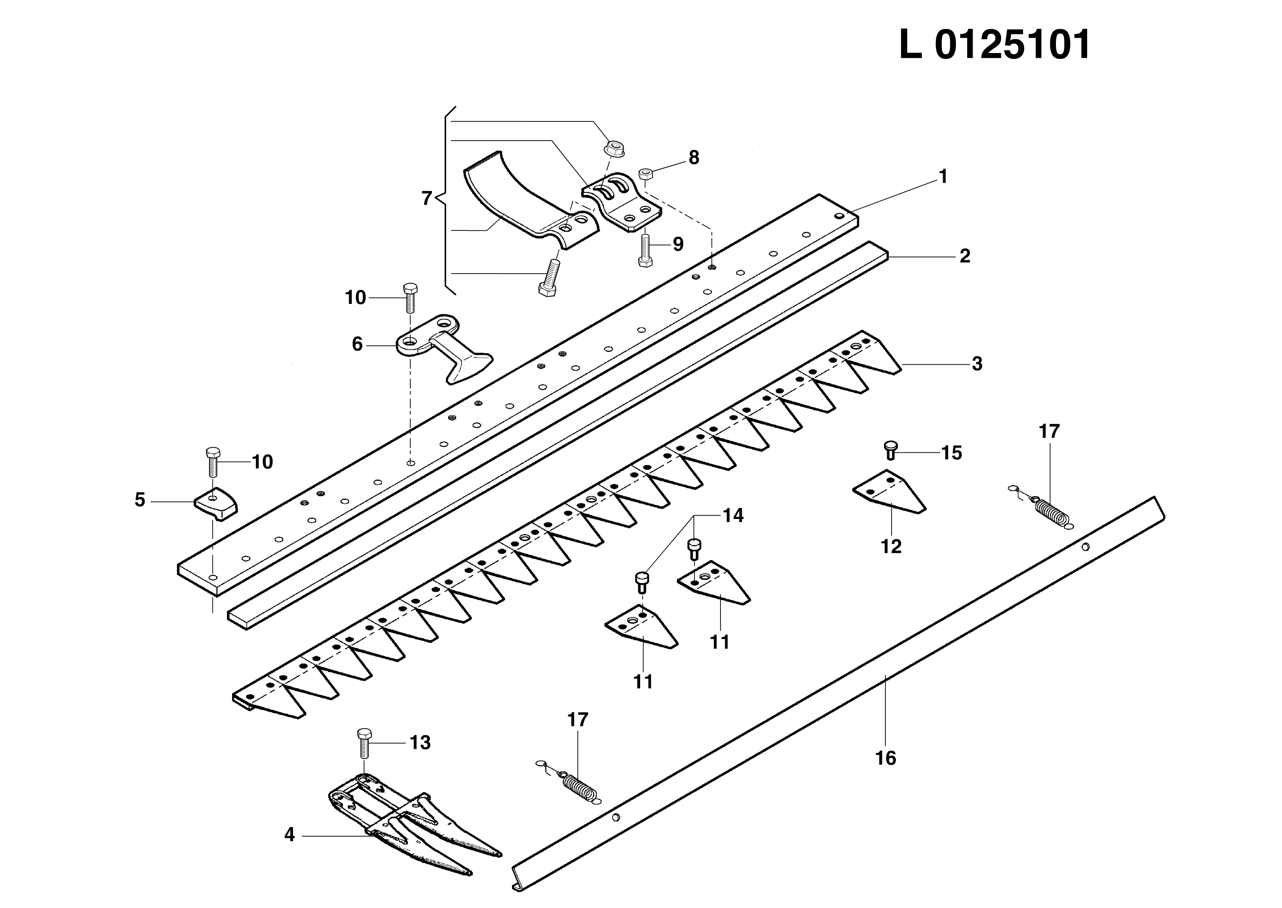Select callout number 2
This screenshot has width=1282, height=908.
964,256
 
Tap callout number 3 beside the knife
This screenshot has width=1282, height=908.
976,364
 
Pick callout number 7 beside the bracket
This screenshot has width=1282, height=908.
427,198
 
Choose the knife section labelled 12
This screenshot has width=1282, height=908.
888,492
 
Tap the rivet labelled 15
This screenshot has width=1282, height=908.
890,450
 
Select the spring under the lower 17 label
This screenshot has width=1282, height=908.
579,789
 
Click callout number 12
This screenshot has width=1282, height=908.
891,546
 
